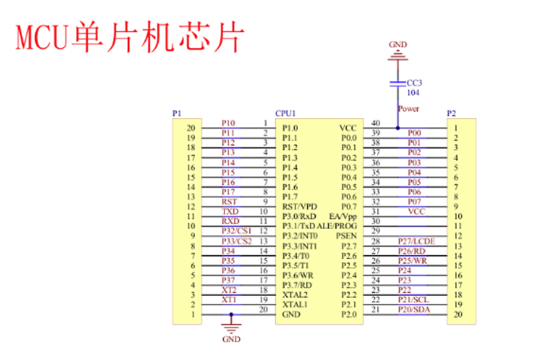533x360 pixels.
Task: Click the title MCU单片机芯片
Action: click(x=129, y=38)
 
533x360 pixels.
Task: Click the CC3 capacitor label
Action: click(x=414, y=83)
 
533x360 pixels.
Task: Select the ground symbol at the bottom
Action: click(x=230, y=325)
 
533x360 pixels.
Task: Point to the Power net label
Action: click(x=409, y=109)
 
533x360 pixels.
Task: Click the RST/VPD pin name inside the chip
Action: click(x=299, y=206)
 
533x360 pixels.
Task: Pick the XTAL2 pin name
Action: click(x=295, y=295)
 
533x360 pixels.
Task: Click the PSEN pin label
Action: click(x=346, y=236)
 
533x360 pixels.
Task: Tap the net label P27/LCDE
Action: click(x=417, y=241)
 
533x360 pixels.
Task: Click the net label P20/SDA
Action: click(x=414, y=310)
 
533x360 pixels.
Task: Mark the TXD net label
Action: click(x=230, y=211)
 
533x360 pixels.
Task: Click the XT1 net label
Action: click(x=229, y=299)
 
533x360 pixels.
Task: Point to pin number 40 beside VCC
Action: click(x=376, y=123)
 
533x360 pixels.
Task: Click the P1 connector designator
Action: click(x=176, y=113)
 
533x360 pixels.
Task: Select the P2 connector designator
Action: click(x=452, y=113)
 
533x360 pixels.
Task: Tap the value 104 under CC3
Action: click(x=413, y=93)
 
